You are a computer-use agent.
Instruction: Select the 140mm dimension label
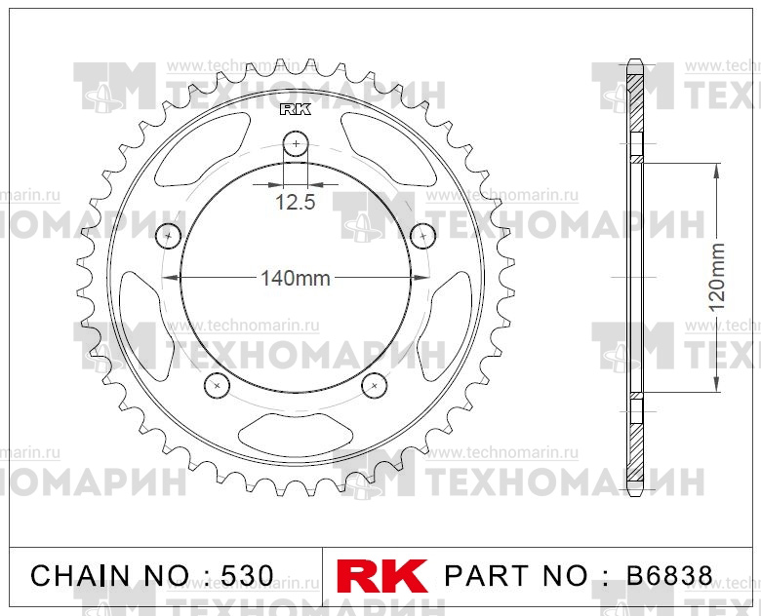pos(295,279)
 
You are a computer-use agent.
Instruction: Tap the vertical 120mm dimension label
pos(717,278)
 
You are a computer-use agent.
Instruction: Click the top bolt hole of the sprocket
pos(296,146)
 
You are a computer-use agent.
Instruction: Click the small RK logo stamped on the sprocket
pos(296,109)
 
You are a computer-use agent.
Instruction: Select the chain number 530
pos(240,575)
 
